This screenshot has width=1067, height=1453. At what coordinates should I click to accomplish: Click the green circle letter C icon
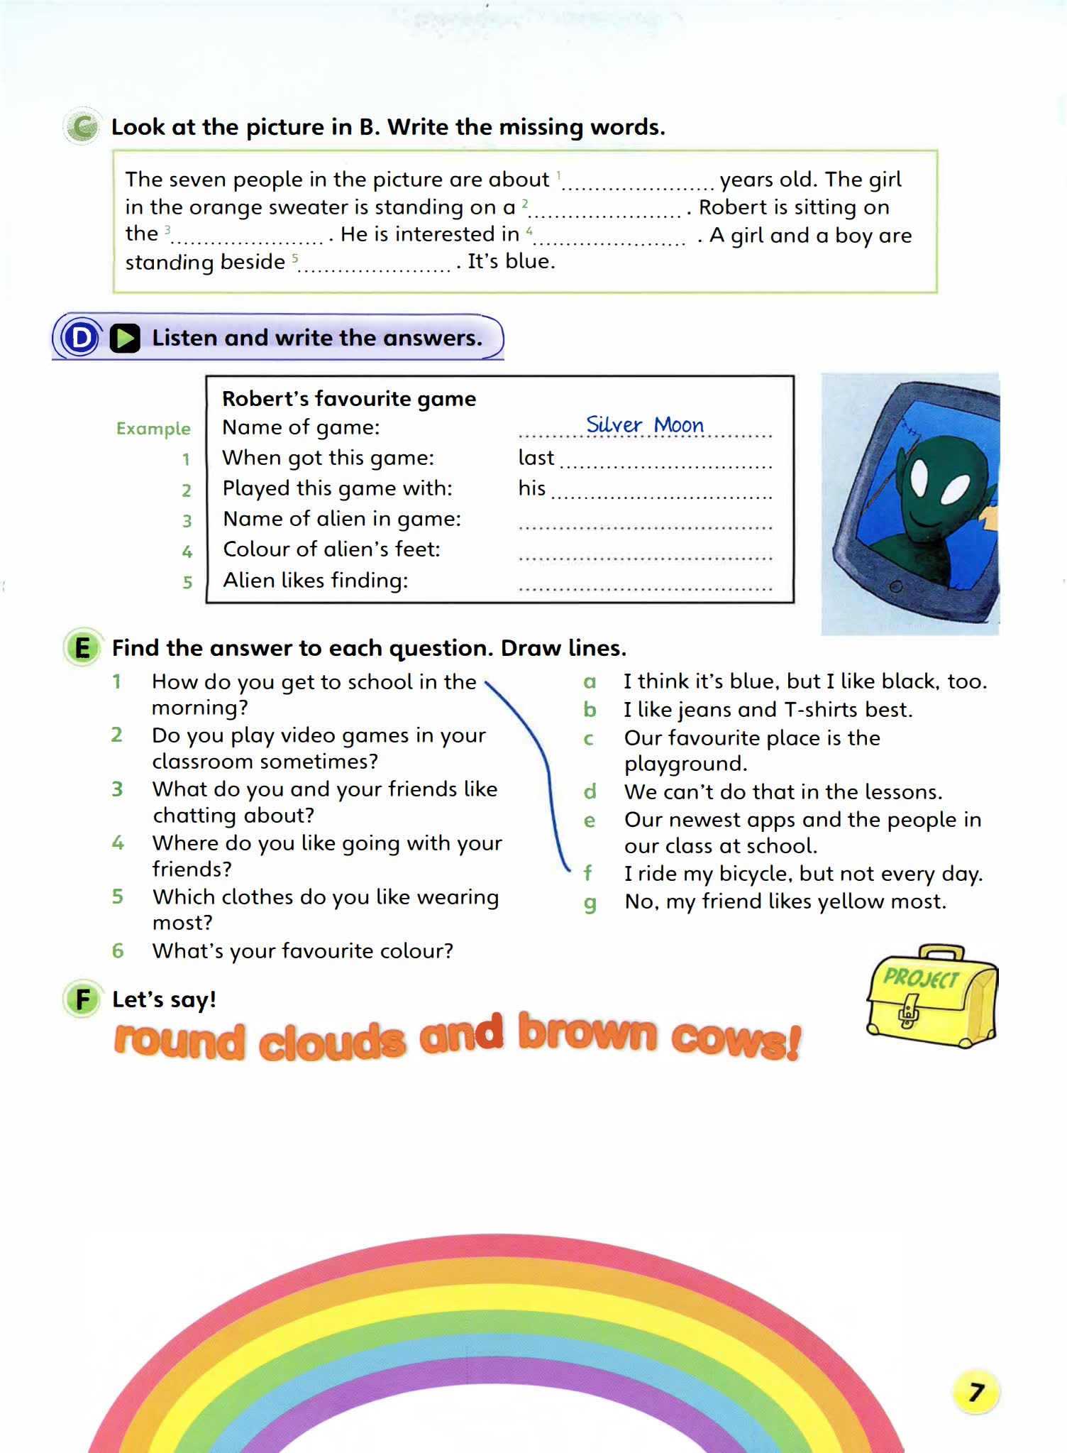click(83, 128)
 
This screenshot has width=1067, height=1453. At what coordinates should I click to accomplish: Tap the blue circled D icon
click(80, 338)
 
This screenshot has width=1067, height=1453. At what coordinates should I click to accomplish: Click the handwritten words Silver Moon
click(644, 424)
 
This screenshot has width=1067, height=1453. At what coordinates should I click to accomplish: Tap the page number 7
click(976, 1392)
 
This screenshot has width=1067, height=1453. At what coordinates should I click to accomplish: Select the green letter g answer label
click(590, 903)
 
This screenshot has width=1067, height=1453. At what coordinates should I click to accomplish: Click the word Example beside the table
click(153, 429)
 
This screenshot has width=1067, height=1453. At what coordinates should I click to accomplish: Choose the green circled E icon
click(82, 647)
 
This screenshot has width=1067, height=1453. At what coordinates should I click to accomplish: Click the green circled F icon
click(82, 999)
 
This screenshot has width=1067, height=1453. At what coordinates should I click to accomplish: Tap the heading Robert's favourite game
click(349, 399)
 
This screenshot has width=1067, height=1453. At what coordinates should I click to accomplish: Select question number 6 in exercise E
click(118, 950)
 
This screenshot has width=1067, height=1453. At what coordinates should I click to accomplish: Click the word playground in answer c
click(685, 764)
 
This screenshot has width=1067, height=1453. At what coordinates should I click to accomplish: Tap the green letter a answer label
click(590, 682)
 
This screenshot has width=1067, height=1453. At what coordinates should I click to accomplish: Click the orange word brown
click(587, 1033)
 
